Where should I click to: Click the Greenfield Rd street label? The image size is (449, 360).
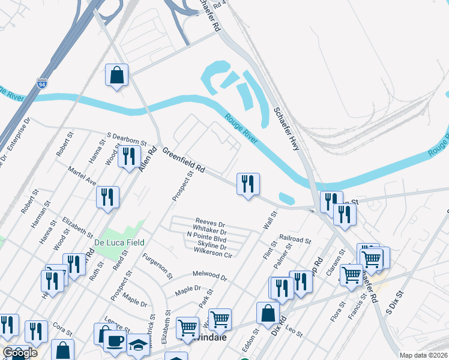[184, 162]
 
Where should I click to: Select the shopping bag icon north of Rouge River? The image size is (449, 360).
[117, 76]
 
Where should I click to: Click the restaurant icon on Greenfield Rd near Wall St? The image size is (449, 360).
[248, 184]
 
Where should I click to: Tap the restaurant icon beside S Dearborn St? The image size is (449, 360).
[129, 157]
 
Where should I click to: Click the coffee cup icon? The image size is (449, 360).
[115, 341]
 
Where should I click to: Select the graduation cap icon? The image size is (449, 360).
[137, 344]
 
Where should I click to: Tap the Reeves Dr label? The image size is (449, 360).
[210, 223]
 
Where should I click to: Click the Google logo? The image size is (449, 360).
[19, 353]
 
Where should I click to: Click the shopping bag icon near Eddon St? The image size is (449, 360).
[268, 313]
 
